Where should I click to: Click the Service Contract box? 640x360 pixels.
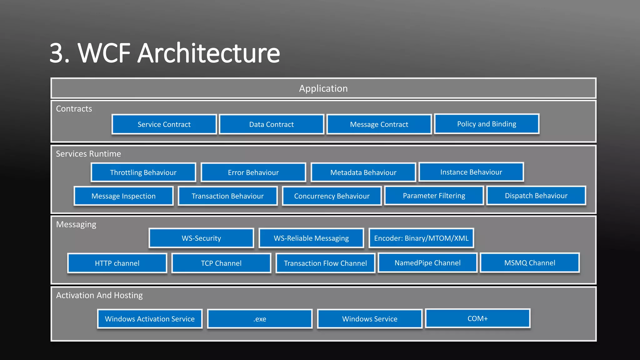[x=164, y=124]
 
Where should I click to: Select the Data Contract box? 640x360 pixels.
[x=271, y=124]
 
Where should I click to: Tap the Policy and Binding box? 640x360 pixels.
[x=487, y=124]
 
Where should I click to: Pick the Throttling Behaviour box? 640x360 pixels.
[x=143, y=172]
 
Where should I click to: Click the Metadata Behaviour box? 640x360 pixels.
[x=363, y=172]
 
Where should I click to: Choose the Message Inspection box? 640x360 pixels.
[x=123, y=196]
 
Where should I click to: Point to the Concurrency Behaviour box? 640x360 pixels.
[x=332, y=196]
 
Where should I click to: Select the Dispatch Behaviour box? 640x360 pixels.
[x=536, y=196]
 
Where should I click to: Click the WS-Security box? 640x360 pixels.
[x=201, y=238]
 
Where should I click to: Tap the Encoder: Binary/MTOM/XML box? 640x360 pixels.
[x=421, y=238]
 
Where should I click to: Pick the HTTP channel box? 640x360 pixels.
[x=117, y=263]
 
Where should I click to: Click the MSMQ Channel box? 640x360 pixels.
[x=530, y=263]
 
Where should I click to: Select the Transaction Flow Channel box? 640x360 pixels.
[x=325, y=263]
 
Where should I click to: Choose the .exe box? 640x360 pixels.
[x=260, y=319]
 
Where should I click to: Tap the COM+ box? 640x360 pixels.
[x=477, y=318]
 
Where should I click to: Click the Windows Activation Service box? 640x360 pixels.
[x=150, y=319]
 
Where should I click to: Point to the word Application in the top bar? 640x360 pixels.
[x=323, y=88]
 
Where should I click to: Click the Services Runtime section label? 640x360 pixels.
[x=88, y=154]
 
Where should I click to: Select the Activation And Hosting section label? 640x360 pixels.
[x=99, y=295]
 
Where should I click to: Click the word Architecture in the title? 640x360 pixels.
[x=208, y=53]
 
